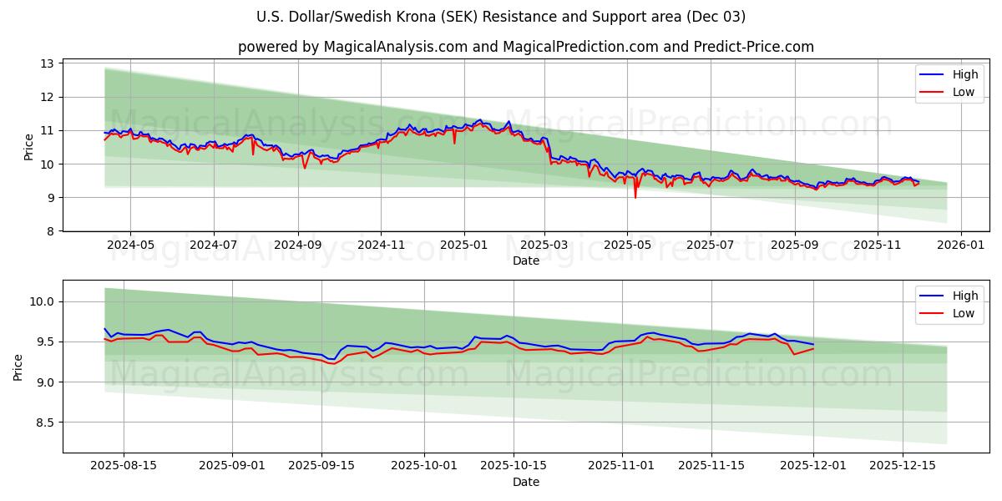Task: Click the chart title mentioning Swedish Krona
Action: tap(501, 17)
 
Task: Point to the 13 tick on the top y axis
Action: tap(48, 63)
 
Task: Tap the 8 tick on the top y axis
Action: tap(50, 231)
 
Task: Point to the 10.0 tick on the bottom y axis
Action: tap(43, 301)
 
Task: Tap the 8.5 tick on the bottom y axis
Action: tap(47, 423)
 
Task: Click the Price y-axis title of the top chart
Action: tap(29, 147)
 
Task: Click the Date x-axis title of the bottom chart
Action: tap(526, 482)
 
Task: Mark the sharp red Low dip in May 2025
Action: tap(635, 197)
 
